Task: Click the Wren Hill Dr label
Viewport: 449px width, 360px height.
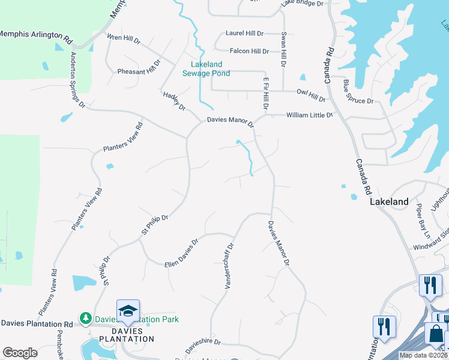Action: pos(123,40)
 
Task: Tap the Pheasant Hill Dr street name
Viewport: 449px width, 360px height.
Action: pos(140,65)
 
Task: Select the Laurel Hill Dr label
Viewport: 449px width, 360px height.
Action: pos(244,34)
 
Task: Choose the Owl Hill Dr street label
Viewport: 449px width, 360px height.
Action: pos(311,95)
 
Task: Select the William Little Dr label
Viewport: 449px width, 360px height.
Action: pos(309,114)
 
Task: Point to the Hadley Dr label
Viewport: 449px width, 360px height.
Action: pos(174,100)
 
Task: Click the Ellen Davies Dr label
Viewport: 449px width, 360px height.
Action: pos(181,253)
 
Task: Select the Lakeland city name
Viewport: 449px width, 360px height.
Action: pos(389,202)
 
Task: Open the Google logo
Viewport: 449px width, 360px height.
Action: pos(20,353)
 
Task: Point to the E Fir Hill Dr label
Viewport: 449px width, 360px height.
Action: pos(264,92)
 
